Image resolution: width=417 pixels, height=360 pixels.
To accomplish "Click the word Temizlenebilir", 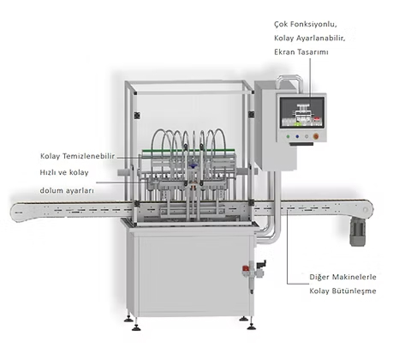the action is (88, 156).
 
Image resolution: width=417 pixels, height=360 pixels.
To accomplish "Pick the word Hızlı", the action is (47, 172).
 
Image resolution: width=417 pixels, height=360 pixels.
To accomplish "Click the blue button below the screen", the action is (297, 136).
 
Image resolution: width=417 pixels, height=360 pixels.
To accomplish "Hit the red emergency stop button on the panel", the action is (316, 136).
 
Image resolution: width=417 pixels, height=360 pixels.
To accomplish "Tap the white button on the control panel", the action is (307, 136).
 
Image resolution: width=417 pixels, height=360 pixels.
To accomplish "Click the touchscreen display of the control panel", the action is (302, 112).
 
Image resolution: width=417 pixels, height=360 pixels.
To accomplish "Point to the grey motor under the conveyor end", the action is (357, 231).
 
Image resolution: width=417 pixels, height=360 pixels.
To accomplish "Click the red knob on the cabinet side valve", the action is (245, 268).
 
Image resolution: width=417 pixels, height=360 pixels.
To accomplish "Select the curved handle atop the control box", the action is (289, 81).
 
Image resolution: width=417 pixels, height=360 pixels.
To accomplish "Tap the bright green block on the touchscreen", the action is (297, 124).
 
